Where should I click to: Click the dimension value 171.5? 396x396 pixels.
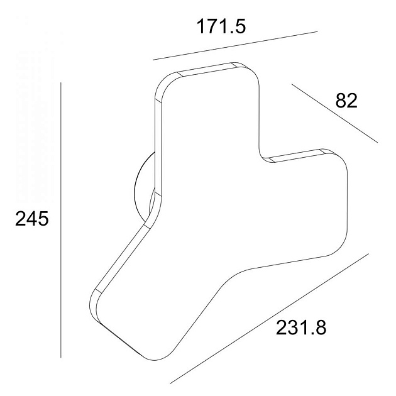221,26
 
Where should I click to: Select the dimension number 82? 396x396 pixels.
346,101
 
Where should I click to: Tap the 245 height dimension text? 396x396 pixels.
32,219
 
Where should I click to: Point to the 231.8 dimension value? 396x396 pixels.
301,327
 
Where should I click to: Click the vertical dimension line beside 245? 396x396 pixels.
61,220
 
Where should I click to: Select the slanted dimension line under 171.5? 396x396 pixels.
235,46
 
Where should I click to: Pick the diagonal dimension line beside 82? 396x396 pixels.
334,113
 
